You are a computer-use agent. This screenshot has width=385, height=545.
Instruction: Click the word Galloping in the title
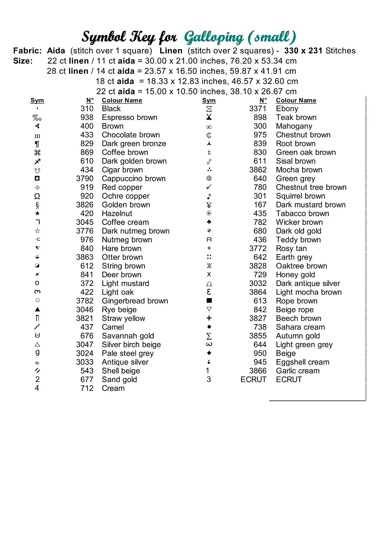click(214, 37)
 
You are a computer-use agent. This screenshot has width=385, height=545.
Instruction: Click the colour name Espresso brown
click(130, 117)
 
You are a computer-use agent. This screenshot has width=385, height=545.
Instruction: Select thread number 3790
click(85, 179)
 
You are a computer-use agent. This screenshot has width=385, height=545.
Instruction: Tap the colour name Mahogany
click(294, 126)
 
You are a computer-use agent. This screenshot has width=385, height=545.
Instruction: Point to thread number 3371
click(258, 109)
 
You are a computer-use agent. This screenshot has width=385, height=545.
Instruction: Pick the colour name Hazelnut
click(117, 214)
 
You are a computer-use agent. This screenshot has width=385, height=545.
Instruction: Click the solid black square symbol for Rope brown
click(209, 301)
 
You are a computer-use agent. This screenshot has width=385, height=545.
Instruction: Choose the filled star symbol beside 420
click(37, 213)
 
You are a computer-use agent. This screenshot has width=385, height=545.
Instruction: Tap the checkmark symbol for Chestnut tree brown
click(209, 187)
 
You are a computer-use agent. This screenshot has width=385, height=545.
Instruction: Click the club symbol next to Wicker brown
click(209, 222)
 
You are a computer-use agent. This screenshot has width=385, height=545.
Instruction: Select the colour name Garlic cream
click(297, 371)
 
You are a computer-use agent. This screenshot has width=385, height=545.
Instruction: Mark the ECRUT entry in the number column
click(253, 380)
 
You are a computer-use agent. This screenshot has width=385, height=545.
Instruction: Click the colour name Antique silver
click(125, 362)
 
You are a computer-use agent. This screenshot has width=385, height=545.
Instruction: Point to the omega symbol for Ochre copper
click(37, 196)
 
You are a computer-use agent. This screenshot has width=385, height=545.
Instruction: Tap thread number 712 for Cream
click(87, 388)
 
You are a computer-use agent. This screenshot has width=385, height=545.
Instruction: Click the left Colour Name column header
click(122, 100)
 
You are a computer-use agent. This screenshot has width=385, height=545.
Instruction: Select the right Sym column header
click(209, 100)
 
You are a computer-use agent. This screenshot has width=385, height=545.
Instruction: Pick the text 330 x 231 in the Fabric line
click(303, 51)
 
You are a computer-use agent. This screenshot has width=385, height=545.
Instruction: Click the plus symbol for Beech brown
click(209, 318)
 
